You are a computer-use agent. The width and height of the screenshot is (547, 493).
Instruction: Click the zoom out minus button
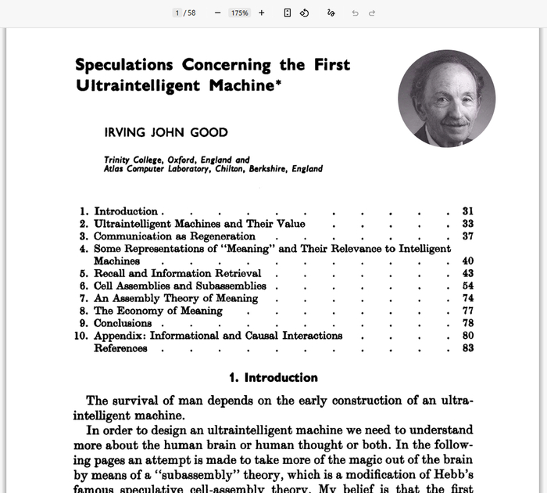coord(217,13)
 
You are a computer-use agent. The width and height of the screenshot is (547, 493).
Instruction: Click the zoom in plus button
coord(261,13)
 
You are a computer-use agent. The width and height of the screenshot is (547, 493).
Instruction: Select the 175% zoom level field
coord(239,13)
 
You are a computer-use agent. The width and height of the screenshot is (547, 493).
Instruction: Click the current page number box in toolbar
coord(177,13)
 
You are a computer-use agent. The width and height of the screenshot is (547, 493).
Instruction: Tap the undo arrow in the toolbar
coord(355,13)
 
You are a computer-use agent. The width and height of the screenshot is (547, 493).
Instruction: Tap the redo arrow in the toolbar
coord(372,13)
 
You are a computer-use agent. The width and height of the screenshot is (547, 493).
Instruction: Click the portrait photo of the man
coord(446,98)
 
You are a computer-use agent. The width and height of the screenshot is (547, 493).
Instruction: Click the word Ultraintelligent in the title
coord(138,85)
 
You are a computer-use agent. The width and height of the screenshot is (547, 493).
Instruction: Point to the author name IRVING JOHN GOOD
coord(166,132)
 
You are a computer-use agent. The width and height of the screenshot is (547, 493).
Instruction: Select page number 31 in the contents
coord(467,211)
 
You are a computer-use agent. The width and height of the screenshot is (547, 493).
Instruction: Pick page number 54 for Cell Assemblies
coord(467,286)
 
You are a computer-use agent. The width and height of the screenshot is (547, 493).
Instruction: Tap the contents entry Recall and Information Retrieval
coord(177,273)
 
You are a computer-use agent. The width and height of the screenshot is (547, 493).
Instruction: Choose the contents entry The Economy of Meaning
coord(158,311)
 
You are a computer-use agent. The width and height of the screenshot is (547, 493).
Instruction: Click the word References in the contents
coord(120,348)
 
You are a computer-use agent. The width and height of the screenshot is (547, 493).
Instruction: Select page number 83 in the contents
coord(467,348)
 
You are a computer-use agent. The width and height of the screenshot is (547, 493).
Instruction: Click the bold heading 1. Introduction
coord(273,378)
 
